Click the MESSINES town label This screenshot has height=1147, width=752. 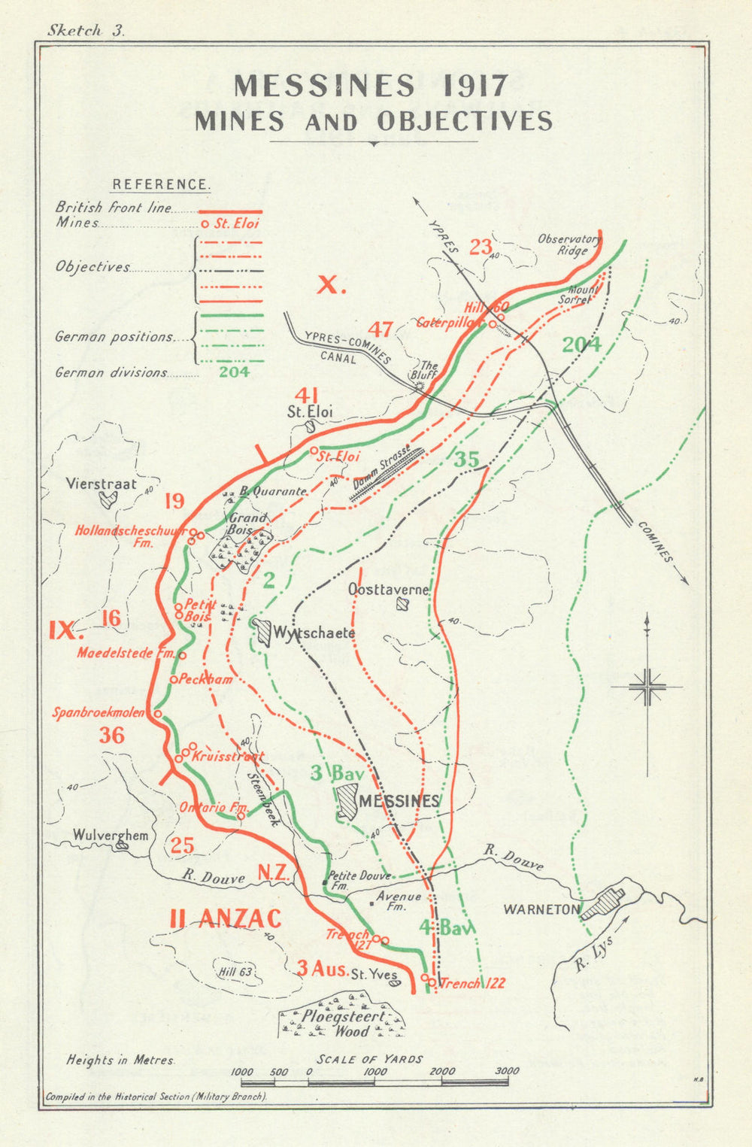click(x=399, y=801)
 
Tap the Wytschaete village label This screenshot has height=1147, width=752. click(x=313, y=633)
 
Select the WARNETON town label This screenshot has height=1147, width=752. click(x=541, y=909)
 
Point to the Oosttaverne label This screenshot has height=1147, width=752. click(x=389, y=590)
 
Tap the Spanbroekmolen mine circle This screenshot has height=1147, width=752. click(x=159, y=713)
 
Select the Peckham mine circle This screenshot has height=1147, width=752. click(x=173, y=679)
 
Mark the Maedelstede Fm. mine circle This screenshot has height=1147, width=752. click(x=182, y=655)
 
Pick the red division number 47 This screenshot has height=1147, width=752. click(x=381, y=329)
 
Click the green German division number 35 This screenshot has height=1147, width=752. click(x=466, y=460)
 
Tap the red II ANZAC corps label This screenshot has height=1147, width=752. click(x=226, y=918)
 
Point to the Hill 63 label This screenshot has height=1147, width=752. click(x=235, y=972)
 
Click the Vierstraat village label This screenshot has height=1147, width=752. click(x=101, y=484)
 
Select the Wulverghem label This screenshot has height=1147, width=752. click(x=111, y=835)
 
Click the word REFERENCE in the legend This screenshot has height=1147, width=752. click(x=161, y=185)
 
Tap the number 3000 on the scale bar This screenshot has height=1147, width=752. click(x=507, y=1071)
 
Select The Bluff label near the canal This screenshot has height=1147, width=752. click(x=427, y=370)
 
